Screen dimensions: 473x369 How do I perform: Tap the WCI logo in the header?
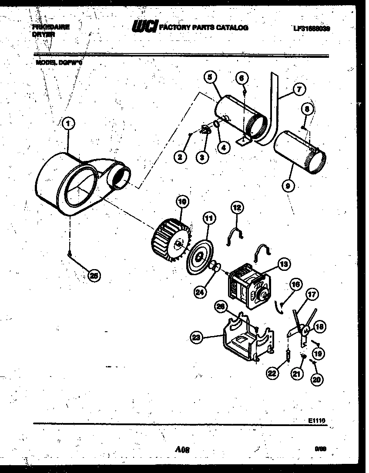point(144,27)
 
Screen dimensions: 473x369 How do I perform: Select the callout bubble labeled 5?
point(210,78)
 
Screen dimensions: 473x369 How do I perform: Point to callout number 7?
point(299,90)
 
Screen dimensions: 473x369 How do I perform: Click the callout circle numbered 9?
point(288,186)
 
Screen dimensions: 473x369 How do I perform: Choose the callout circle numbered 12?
point(237,208)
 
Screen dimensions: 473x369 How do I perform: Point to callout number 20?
point(317,378)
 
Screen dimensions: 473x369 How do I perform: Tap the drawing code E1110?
point(317,421)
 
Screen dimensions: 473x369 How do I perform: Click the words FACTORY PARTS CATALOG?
point(204,27)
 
